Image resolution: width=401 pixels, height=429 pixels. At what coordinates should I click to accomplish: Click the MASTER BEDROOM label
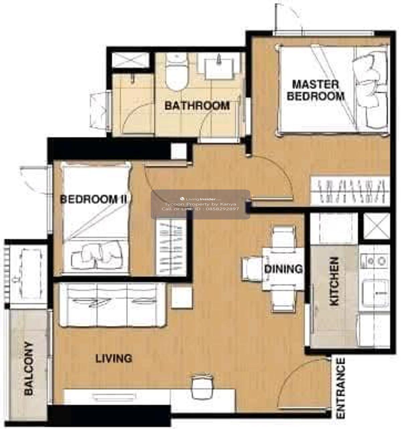click(x=315, y=90)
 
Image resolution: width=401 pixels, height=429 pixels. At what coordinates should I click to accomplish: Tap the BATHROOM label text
click(x=197, y=106)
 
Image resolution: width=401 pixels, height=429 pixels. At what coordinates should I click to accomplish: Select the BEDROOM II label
click(x=93, y=199)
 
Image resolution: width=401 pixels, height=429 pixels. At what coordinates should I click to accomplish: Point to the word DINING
click(x=283, y=269)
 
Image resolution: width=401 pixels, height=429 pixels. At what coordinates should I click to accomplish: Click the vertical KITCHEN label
click(x=333, y=281)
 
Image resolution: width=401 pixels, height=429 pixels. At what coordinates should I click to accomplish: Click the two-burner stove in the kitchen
click(x=374, y=261)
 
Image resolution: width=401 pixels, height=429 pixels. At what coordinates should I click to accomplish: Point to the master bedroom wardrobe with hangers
click(x=350, y=190)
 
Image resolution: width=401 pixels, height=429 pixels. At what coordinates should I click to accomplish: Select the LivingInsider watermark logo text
click(x=200, y=199)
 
